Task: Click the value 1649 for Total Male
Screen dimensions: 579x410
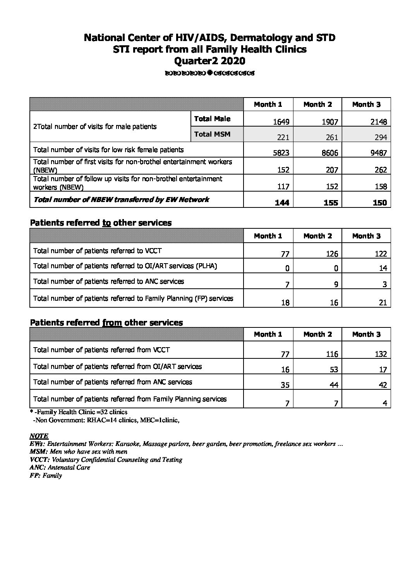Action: [x=281, y=122]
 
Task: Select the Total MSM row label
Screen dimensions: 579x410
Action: [x=212, y=134]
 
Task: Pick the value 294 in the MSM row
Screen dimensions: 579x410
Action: [x=380, y=137]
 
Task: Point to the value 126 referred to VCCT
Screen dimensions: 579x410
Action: [x=332, y=254]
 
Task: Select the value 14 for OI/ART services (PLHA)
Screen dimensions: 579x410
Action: [x=383, y=268]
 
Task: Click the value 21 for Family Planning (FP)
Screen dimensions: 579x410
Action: [x=383, y=303]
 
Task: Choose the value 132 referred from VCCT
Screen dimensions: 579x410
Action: [x=380, y=354]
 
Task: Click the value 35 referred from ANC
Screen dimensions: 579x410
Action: [x=285, y=385]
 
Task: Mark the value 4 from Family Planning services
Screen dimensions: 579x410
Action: [x=385, y=403]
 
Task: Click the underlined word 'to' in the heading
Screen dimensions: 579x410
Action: [x=106, y=223]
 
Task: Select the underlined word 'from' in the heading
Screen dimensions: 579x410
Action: [x=112, y=322]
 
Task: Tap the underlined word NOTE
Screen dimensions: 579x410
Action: [x=39, y=436]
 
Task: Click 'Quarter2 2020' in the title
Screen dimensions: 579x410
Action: [x=210, y=61]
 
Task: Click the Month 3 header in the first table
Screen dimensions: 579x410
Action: [x=366, y=104]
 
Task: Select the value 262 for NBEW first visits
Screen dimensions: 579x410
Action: [x=380, y=170]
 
